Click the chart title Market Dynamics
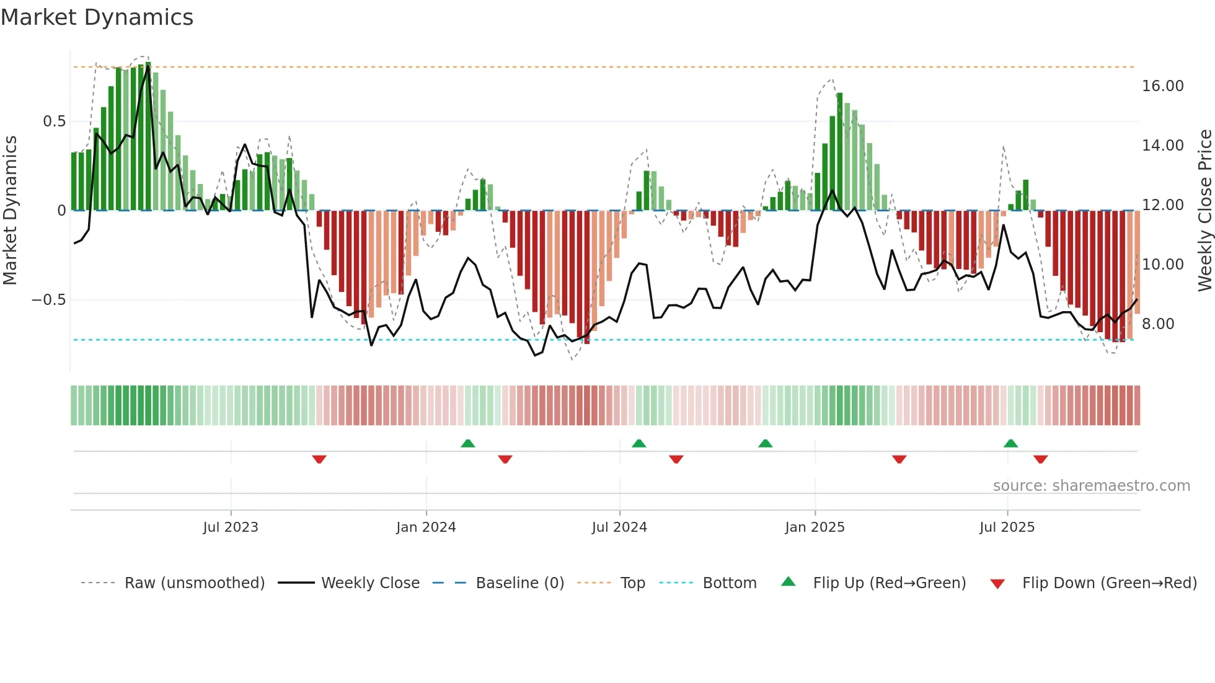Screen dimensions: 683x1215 click(97, 17)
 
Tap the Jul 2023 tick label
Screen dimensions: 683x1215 click(231, 527)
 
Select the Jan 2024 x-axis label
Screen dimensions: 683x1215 click(426, 527)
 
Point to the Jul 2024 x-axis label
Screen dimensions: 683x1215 click(619, 527)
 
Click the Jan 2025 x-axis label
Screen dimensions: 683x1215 click(815, 527)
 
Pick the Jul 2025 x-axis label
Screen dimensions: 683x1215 click(1007, 527)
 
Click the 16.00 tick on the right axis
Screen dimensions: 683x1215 click(1162, 86)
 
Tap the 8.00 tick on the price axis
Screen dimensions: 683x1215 click(1158, 324)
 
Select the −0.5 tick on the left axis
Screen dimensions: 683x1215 click(48, 300)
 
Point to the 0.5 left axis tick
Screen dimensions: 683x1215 click(54, 121)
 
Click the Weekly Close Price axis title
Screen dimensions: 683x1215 click(1204, 211)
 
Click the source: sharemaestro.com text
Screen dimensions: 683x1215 click(1091, 486)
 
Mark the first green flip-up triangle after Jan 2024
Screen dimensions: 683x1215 click(468, 443)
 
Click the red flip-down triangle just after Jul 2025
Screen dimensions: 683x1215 click(1040, 459)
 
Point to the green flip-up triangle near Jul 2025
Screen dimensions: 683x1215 click(1010, 443)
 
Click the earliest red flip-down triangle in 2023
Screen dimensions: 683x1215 click(319, 459)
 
